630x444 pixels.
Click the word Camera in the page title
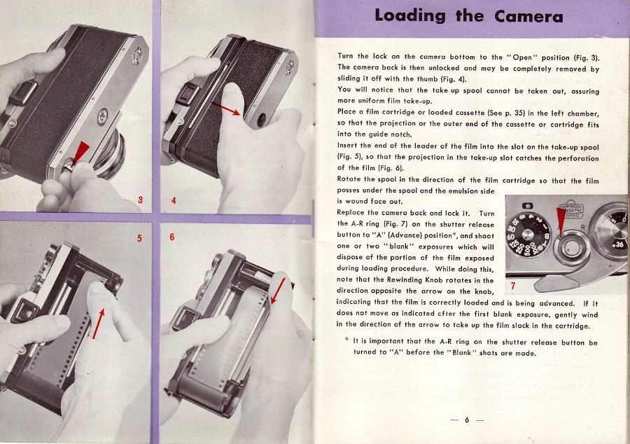[x=528, y=17]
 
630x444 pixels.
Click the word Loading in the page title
[x=409, y=15]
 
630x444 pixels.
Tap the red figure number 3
[x=140, y=200]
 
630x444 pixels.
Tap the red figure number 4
[x=174, y=200]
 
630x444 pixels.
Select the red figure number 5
[x=139, y=238]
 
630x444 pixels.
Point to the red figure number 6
[x=172, y=237]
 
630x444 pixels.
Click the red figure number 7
[x=513, y=286]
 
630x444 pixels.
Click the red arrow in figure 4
[x=225, y=109]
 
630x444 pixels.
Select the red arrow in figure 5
[x=99, y=324]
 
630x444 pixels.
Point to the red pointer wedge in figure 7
[x=561, y=220]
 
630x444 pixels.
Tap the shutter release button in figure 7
[x=571, y=247]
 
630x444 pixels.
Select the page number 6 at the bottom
[x=467, y=420]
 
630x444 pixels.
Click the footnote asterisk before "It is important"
[x=346, y=340]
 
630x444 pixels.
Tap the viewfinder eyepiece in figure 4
[x=187, y=95]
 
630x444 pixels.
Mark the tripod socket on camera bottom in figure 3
[x=103, y=116]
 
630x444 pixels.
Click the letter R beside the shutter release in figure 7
[x=583, y=228]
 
